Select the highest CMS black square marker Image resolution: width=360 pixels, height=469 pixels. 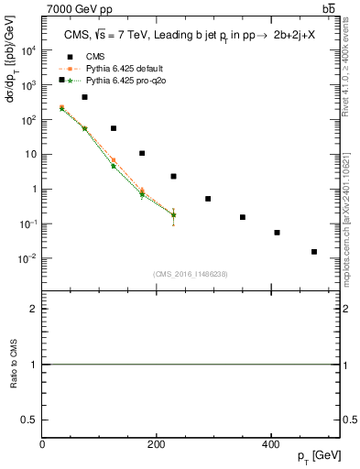point(61,80)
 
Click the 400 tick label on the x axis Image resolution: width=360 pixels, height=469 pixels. point(270,444)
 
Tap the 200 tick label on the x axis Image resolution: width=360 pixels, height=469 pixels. point(157,444)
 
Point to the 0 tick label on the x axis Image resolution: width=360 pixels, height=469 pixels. point(43,444)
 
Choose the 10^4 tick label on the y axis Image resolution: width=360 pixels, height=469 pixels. point(28,50)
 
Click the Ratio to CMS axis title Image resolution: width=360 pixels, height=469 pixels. point(13,365)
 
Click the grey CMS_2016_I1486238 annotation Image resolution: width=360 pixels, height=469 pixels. point(191,274)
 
